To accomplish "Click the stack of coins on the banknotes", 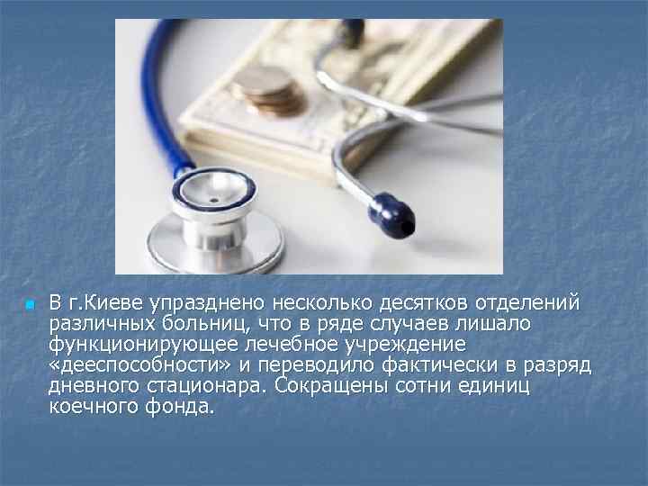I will (264, 91).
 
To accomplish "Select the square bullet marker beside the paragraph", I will (29, 306).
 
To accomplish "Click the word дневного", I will (91, 386).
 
